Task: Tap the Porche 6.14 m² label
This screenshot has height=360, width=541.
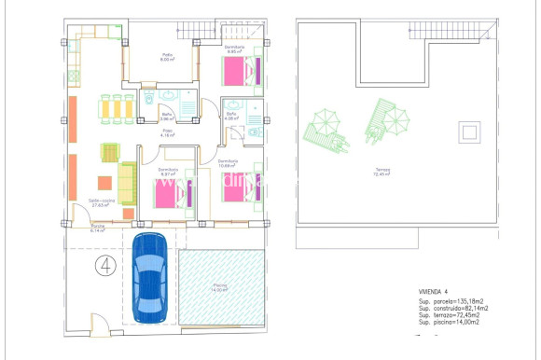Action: (98, 229)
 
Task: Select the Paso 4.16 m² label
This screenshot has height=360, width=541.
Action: (168, 134)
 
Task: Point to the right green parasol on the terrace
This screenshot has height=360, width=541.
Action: (395, 118)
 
